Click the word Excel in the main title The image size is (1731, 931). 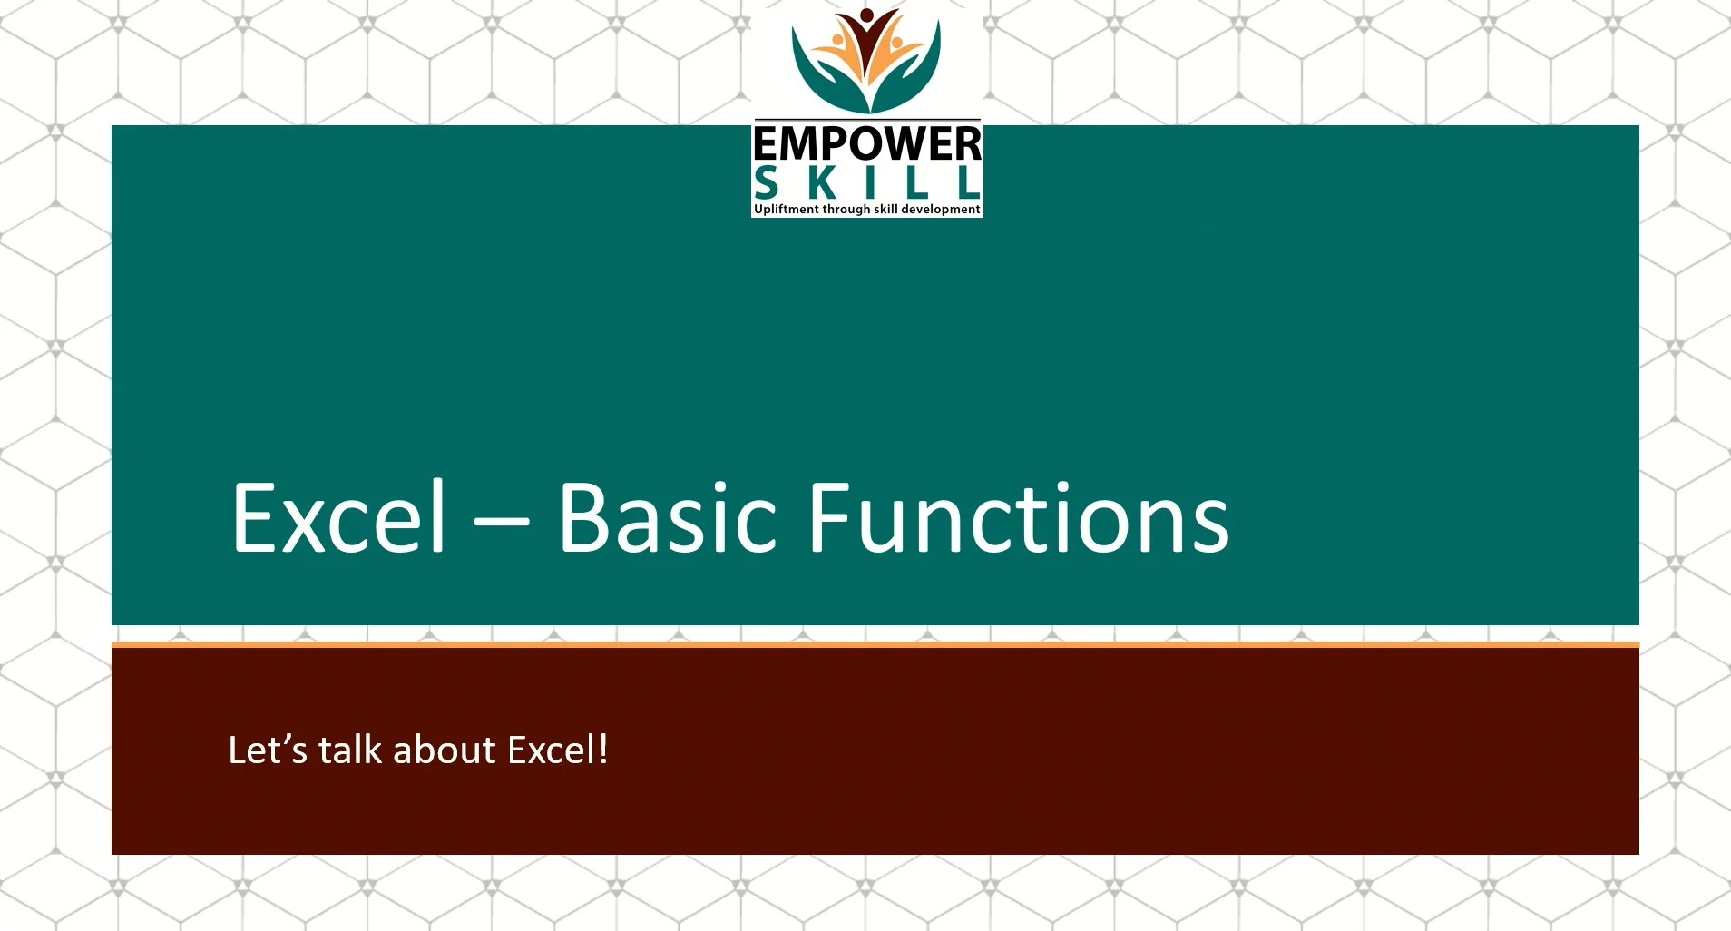point(339,517)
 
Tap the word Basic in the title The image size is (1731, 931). point(668,517)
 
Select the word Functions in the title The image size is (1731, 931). point(1018,517)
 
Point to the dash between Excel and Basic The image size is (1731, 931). point(501,523)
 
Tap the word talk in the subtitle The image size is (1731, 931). point(349,750)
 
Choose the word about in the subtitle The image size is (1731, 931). point(444,750)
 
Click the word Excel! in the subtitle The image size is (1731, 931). point(557,750)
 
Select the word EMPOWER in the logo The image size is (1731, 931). point(866,144)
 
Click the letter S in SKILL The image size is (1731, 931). point(767,183)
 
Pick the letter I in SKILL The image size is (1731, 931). point(871,183)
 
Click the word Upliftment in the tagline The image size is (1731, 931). point(786,210)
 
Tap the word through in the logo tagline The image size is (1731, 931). point(846,210)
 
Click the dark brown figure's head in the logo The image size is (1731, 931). point(866,15)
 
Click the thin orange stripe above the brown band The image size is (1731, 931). point(875,644)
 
